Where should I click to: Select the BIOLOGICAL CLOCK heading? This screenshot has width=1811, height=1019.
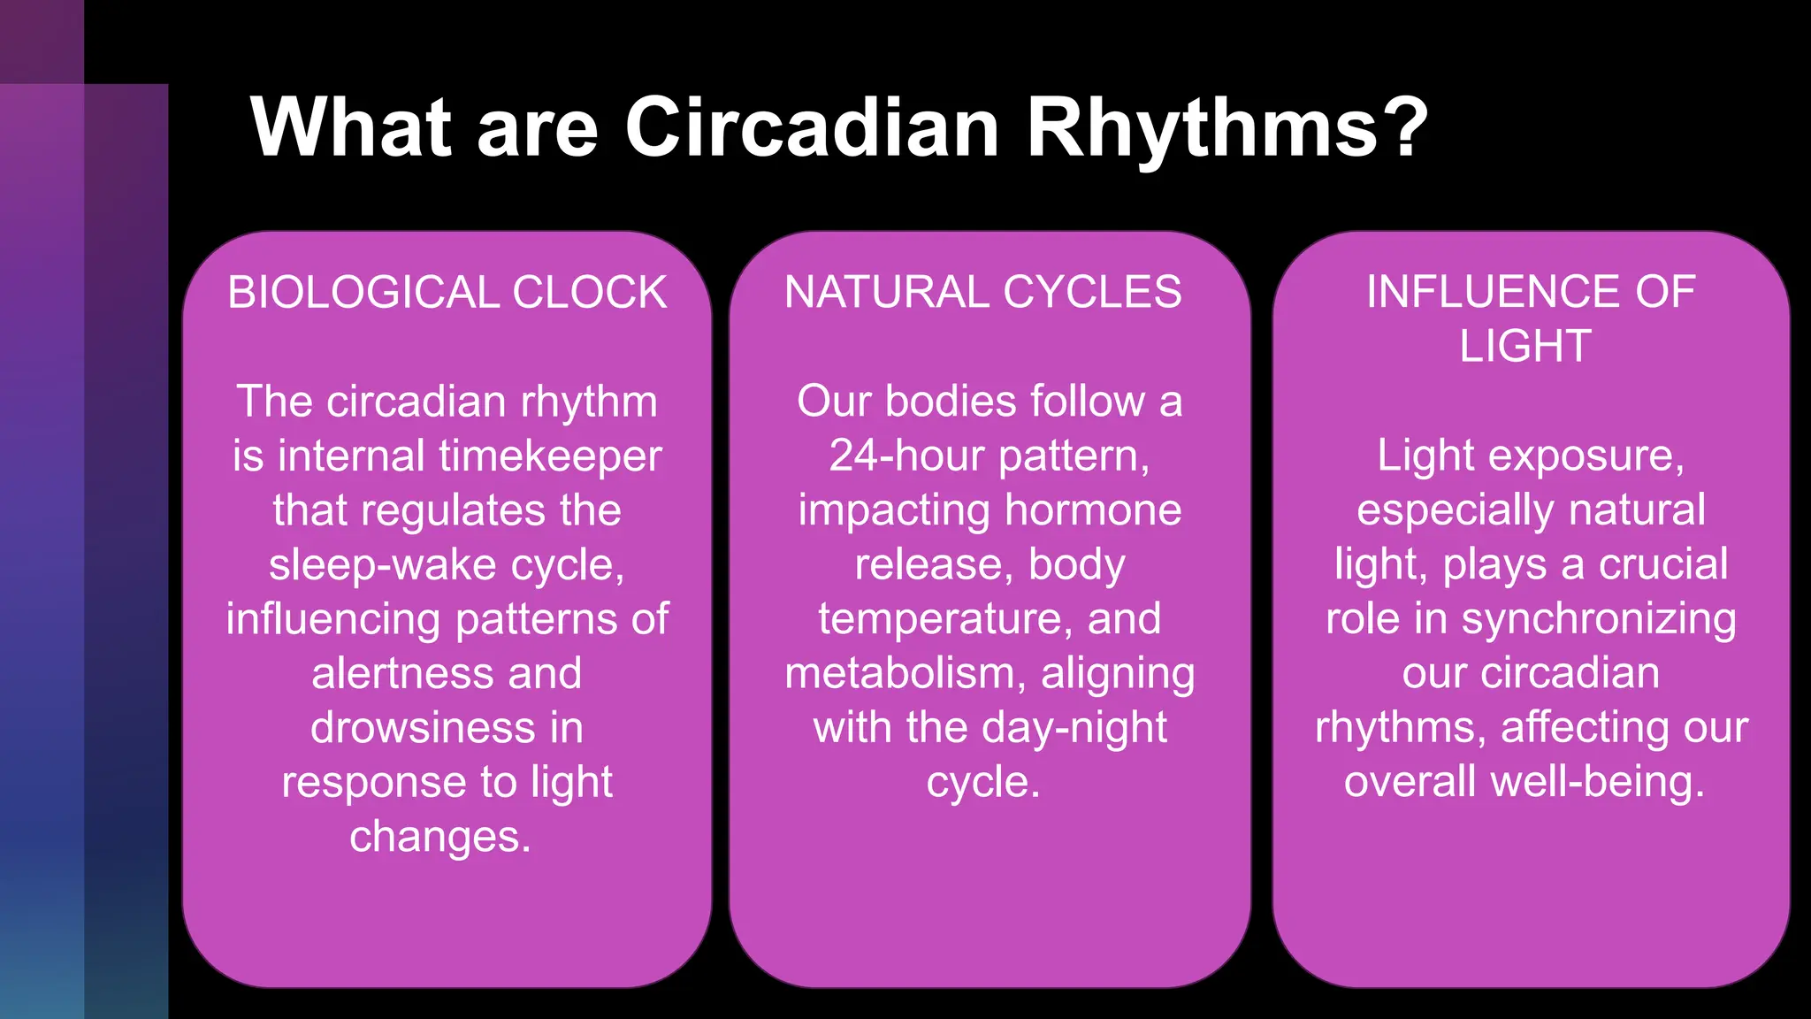(x=447, y=293)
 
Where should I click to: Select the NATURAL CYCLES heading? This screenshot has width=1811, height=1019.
(x=982, y=293)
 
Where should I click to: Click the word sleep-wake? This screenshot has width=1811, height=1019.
(x=382, y=565)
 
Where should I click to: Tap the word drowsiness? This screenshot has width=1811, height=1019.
(x=424, y=729)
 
